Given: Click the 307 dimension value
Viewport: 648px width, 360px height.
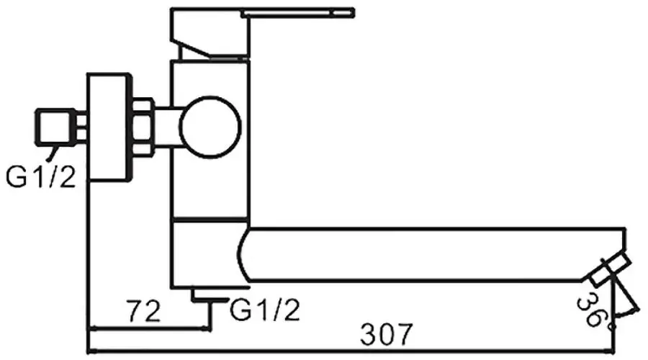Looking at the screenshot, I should click(x=388, y=334).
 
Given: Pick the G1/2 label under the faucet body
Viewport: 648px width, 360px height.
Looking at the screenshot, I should click(x=265, y=310).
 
